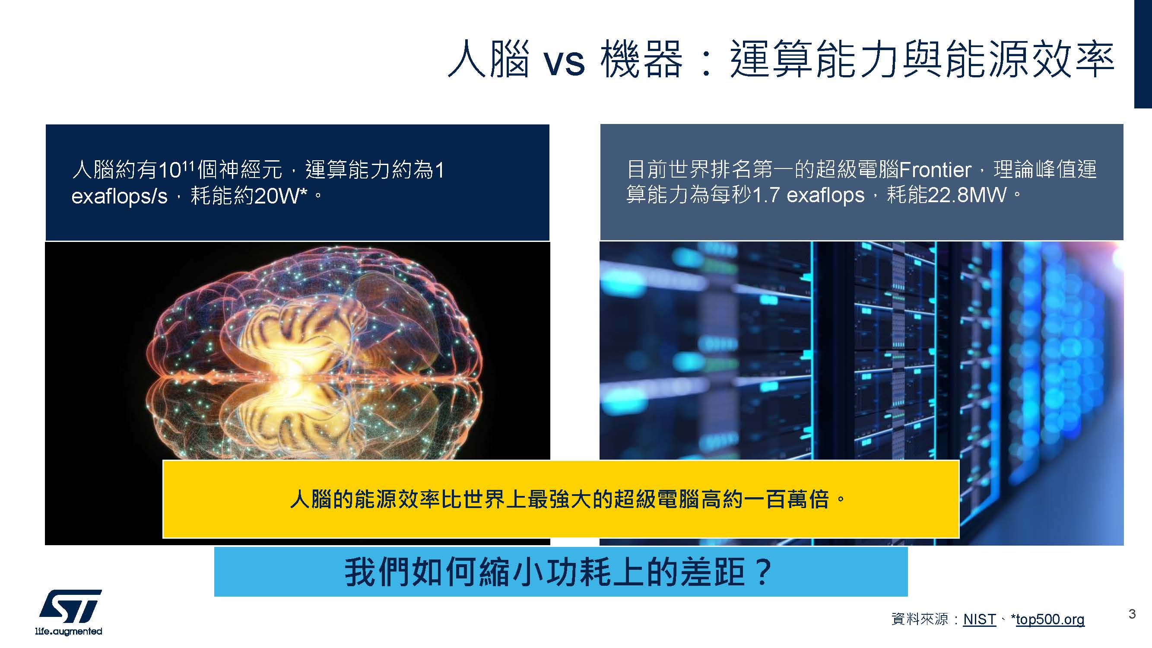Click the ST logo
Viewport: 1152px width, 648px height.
click(x=70, y=607)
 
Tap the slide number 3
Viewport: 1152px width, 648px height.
click(x=1132, y=613)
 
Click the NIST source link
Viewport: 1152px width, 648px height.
click(x=979, y=619)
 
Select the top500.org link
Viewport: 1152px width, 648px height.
click(x=1050, y=619)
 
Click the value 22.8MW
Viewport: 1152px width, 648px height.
click(x=966, y=194)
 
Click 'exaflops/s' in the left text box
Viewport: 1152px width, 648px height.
click(x=119, y=196)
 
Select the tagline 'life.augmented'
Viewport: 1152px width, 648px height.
click(x=68, y=631)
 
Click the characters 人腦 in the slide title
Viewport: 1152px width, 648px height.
click(x=489, y=59)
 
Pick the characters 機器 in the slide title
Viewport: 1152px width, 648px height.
click(x=642, y=59)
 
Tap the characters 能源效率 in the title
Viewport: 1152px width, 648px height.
click(x=1030, y=59)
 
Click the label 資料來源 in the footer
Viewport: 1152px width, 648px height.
click(x=920, y=619)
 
